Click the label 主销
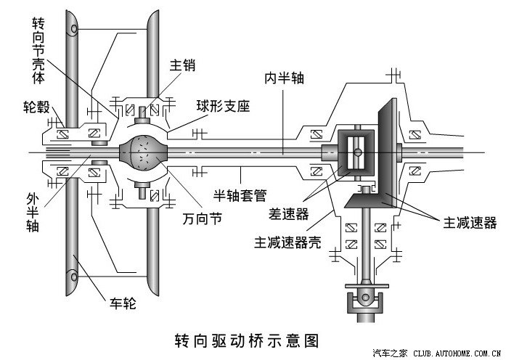[182, 65]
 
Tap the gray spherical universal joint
[145, 152]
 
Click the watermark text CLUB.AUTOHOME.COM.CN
[457, 353]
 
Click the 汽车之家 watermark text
[392, 353]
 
